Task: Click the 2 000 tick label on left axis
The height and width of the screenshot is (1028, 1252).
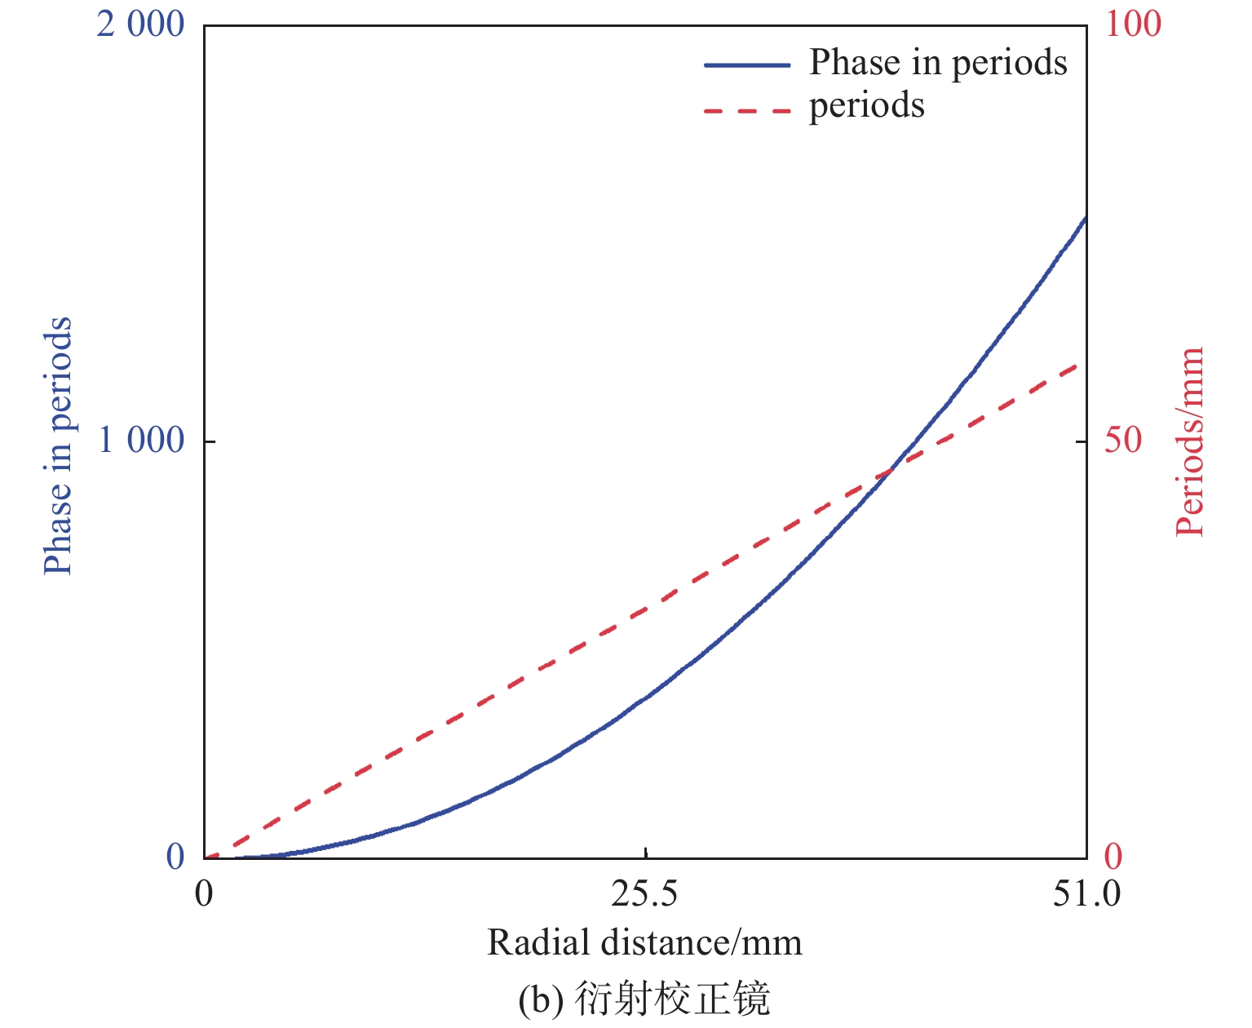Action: point(140,24)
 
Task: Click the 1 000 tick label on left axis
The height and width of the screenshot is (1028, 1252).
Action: point(140,441)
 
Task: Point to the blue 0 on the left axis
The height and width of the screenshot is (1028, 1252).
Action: point(175,857)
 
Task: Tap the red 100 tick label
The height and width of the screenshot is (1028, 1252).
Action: point(1133,24)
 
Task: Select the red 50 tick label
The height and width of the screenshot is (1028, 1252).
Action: point(1123,441)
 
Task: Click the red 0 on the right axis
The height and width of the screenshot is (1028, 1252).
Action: point(1113,857)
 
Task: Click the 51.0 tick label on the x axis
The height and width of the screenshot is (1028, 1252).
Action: point(1086,894)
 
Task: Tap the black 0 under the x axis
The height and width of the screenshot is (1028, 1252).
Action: point(204,894)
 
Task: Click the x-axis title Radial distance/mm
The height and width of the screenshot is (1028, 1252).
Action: point(644,943)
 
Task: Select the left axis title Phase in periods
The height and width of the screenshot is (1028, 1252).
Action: point(57,445)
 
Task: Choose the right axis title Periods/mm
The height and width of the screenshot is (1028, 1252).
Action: point(1190,441)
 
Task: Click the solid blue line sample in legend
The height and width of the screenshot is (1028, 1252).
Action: point(747,64)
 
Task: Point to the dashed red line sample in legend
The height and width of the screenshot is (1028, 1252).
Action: point(747,109)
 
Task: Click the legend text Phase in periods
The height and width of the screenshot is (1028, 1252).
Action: point(938,63)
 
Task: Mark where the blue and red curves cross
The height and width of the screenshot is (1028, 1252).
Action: point(889,471)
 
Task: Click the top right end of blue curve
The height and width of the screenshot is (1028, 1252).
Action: point(1085,219)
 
